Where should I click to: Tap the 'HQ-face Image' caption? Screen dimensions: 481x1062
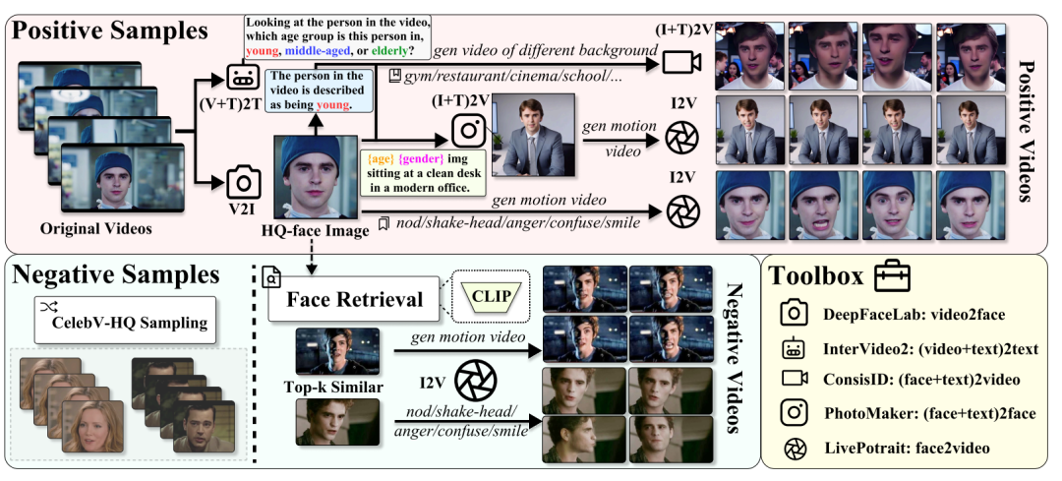(x=315, y=230)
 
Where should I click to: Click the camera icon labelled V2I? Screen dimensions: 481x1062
(x=240, y=181)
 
